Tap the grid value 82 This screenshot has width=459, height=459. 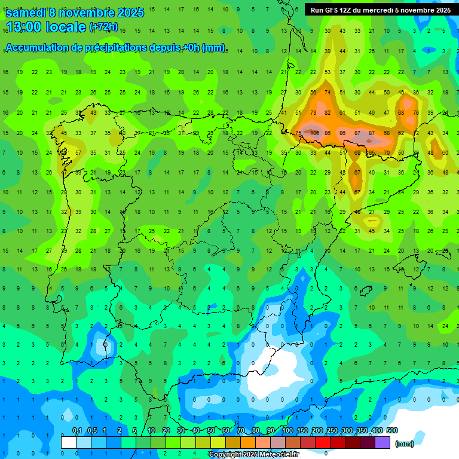(x=328, y=112)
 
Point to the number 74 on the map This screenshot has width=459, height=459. (x=328, y=92)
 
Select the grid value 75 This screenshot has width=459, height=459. (x=298, y=133)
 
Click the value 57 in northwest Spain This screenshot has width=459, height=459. (x=78, y=152)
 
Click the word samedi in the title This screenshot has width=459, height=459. (x=28, y=13)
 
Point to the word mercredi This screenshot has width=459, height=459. (x=375, y=10)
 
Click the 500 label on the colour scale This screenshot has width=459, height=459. (x=392, y=430)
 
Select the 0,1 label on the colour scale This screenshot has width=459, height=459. (x=77, y=430)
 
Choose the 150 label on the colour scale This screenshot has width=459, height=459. (x=302, y=430)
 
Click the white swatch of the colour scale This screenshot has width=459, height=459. (x=69, y=442)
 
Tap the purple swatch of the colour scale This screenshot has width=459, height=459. (x=382, y=442)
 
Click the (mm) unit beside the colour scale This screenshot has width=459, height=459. (x=405, y=443)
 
